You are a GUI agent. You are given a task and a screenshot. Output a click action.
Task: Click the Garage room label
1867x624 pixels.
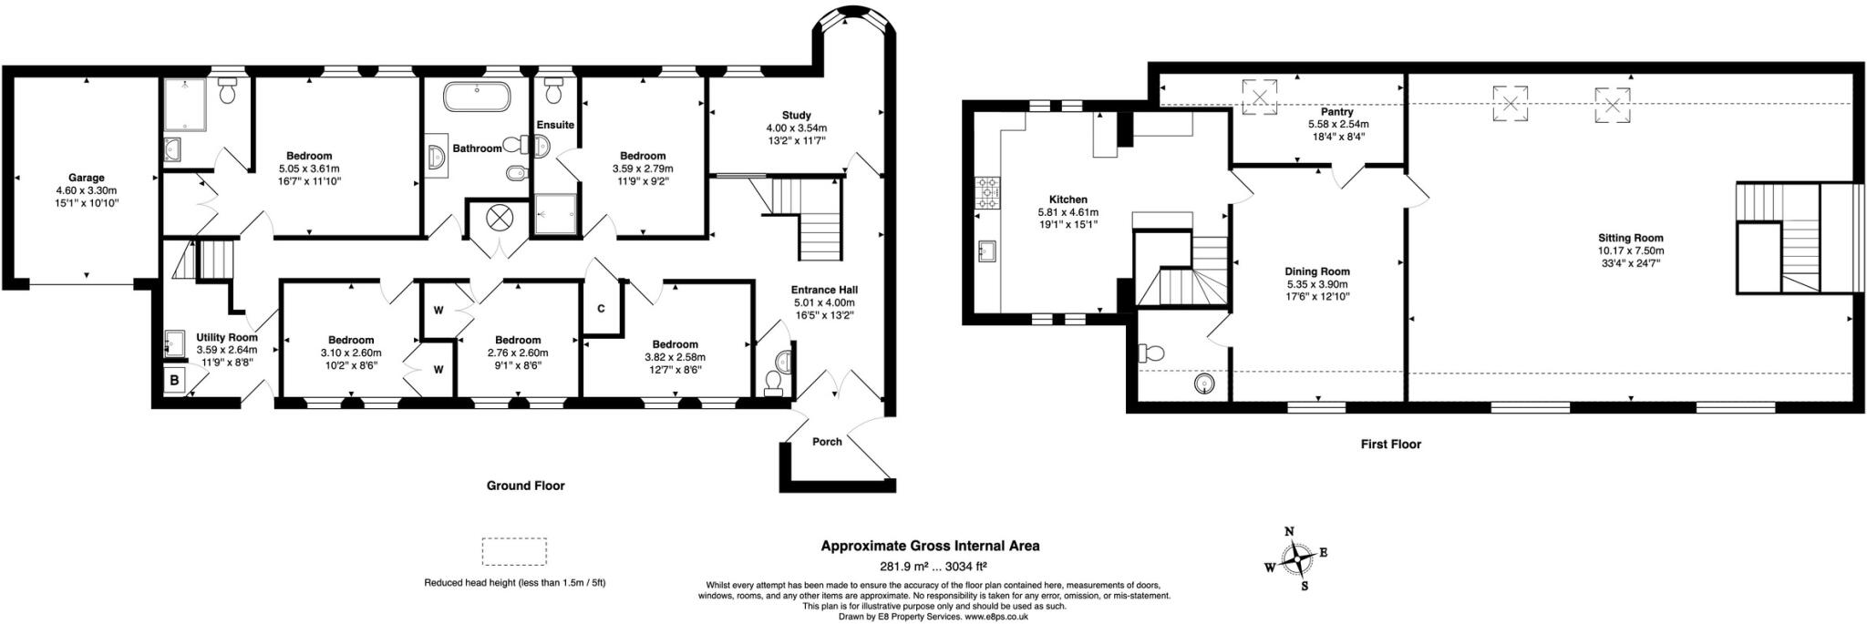[86, 178]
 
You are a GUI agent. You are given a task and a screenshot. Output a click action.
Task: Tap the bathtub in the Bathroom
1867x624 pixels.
[477, 96]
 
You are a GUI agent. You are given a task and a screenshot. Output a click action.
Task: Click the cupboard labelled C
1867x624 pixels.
[601, 309]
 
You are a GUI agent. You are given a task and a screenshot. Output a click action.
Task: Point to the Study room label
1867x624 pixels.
[796, 116]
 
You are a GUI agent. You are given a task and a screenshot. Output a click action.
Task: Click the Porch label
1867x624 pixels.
[826, 442]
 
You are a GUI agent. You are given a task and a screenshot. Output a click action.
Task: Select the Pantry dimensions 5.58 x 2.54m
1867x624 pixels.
[1338, 125]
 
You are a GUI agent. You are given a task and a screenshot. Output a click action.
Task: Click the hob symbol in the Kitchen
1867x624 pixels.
[986, 192]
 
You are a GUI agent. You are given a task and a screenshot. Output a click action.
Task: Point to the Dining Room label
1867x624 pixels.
[1316, 271]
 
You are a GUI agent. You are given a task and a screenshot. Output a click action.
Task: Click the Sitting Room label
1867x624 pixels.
[1630, 238]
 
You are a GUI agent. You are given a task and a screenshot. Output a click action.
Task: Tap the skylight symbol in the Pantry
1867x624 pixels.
[1260, 97]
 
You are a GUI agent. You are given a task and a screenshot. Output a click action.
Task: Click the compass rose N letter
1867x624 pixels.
[1289, 532]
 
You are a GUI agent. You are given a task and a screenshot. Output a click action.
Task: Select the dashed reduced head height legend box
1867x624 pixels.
[513, 552]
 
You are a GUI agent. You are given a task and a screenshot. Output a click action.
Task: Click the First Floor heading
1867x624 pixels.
[1390, 445]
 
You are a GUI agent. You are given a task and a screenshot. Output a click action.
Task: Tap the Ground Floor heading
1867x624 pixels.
[525, 486]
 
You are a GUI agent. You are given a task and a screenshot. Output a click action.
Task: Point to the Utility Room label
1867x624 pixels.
[227, 337]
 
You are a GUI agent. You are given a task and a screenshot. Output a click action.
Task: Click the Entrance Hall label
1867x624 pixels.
[823, 290]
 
